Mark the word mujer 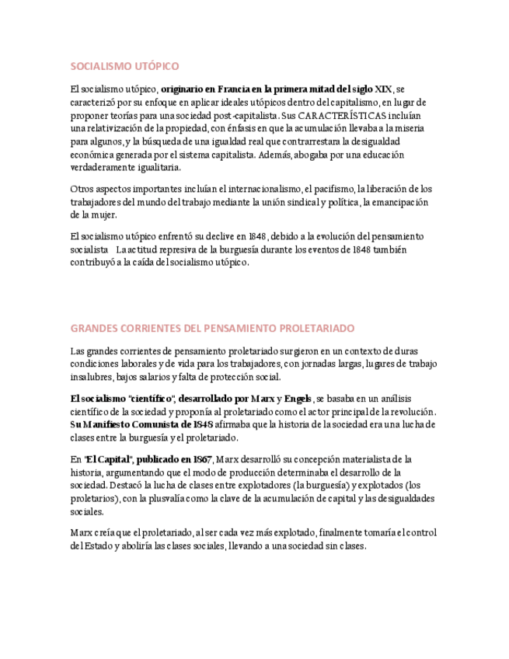(102, 215)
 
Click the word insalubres (91, 377)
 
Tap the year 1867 (200, 459)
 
